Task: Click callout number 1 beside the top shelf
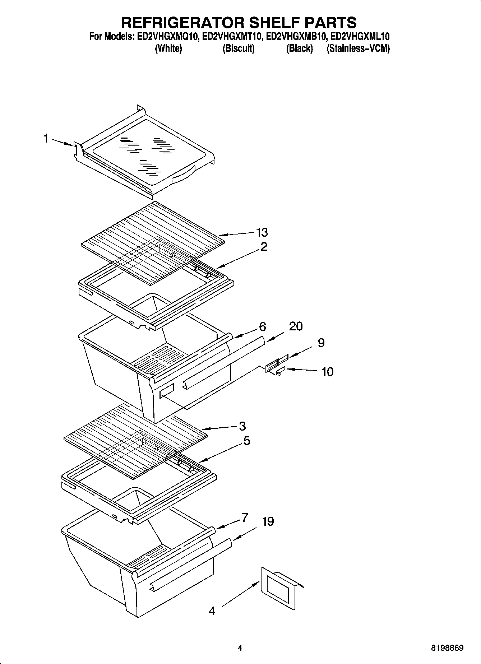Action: pos(46,138)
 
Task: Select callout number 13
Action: pos(262,232)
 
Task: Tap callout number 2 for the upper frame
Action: pos(264,247)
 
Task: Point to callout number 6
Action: pos(263,327)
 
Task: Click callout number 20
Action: pos(296,326)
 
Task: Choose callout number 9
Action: pos(321,343)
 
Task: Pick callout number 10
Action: pos(327,372)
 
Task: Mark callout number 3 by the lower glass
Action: pos(242,426)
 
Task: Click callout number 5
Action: pos(246,441)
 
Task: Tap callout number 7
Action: pos(245,518)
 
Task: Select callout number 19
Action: pos(268,521)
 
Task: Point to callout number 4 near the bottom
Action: pos(212,611)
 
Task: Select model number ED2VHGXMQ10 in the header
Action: pos(168,37)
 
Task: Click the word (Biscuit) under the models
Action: pos(239,48)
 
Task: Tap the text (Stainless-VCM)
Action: pos(358,48)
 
